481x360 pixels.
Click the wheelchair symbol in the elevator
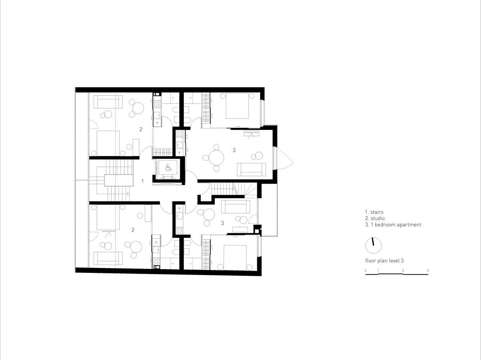168,168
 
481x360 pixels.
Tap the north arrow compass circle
373,246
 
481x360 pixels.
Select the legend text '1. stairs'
374,212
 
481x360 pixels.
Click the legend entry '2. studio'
375,218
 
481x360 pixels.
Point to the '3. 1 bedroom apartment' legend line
393,225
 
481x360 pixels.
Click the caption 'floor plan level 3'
384,261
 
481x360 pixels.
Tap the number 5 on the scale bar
428,270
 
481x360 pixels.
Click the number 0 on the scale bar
365,270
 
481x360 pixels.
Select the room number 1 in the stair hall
143,181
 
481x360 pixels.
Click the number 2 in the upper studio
141,129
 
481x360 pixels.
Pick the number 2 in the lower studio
133,230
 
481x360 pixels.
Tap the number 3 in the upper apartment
234,150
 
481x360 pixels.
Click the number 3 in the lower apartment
222,223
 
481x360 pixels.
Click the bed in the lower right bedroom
235,257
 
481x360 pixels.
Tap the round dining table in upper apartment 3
216,158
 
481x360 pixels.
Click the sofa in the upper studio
108,102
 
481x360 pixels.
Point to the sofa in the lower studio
108,258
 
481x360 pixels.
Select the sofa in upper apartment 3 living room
251,170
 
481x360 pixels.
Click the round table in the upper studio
138,108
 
